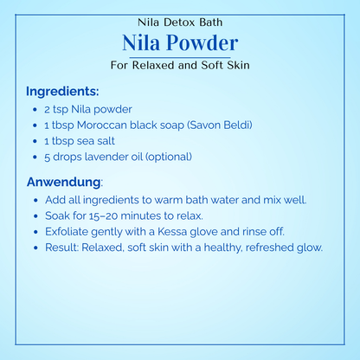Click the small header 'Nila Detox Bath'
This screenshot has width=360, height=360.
179,21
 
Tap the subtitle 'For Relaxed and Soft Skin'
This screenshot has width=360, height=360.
179,65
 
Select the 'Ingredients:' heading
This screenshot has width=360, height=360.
62,91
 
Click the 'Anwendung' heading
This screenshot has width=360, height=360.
64,182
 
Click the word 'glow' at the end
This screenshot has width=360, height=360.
307,247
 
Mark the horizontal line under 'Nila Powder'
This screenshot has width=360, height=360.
179,56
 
